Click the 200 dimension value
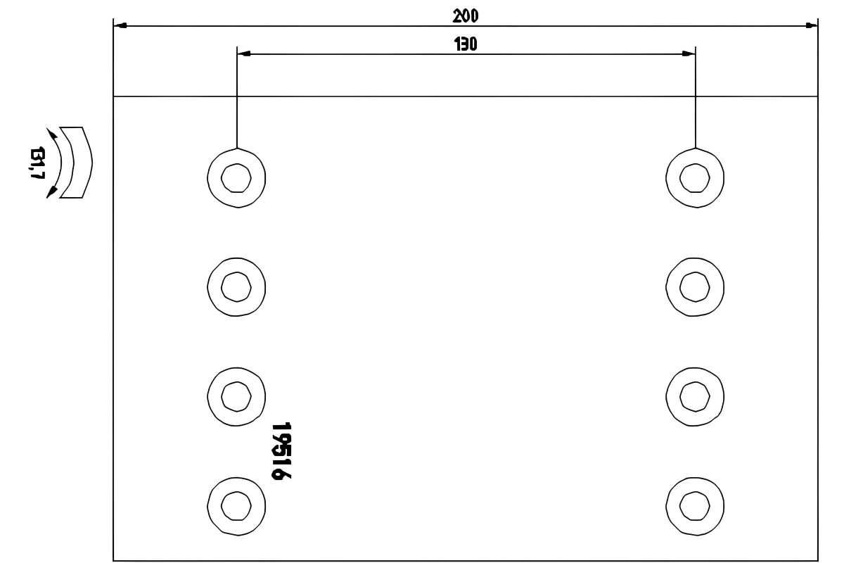point(466,16)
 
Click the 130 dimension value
point(466,44)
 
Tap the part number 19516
point(281,450)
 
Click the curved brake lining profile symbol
point(77,163)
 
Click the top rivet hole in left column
point(236,178)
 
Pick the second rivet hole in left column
point(236,287)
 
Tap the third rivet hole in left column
point(236,397)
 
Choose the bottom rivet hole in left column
point(236,506)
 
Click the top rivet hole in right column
point(695,178)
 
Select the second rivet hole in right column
point(695,287)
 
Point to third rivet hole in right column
point(695,397)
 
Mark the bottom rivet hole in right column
point(695,506)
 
